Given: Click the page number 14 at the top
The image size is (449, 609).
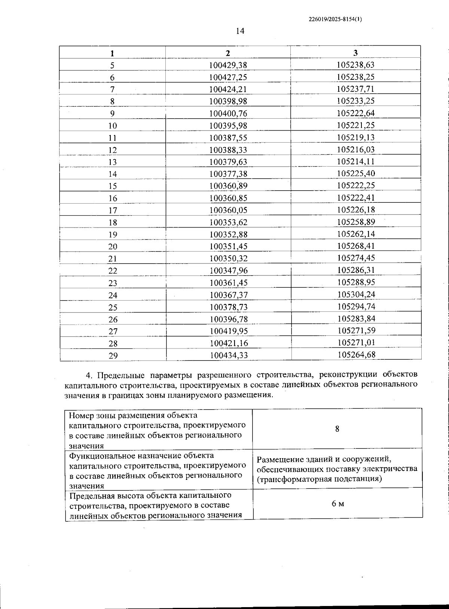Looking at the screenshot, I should point(240,31).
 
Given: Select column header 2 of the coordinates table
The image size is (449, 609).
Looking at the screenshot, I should point(228,53).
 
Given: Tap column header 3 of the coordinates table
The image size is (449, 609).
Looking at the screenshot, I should point(355,52).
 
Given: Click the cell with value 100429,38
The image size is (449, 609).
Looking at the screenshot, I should point(228,65).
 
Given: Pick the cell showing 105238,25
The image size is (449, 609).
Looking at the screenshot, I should point(355,77).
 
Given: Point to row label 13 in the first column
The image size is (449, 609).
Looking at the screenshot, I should point(113,162).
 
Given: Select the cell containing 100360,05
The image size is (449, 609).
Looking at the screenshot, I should point(228,210).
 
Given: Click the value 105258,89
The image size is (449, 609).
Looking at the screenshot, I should point(356,222).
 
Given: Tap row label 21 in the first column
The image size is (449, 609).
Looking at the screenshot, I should point(113,259).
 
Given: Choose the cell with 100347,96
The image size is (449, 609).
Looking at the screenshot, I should point(229,271).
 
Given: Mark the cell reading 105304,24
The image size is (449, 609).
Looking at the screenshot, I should point(356,295).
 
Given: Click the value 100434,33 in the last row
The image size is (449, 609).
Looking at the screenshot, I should point(229,355).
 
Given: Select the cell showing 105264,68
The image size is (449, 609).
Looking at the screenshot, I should point(356,354).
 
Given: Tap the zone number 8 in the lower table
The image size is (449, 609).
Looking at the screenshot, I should point(337,429).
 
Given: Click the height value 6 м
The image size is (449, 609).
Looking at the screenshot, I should point(337,504).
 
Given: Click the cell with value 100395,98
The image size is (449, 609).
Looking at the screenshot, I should point(228,126).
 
